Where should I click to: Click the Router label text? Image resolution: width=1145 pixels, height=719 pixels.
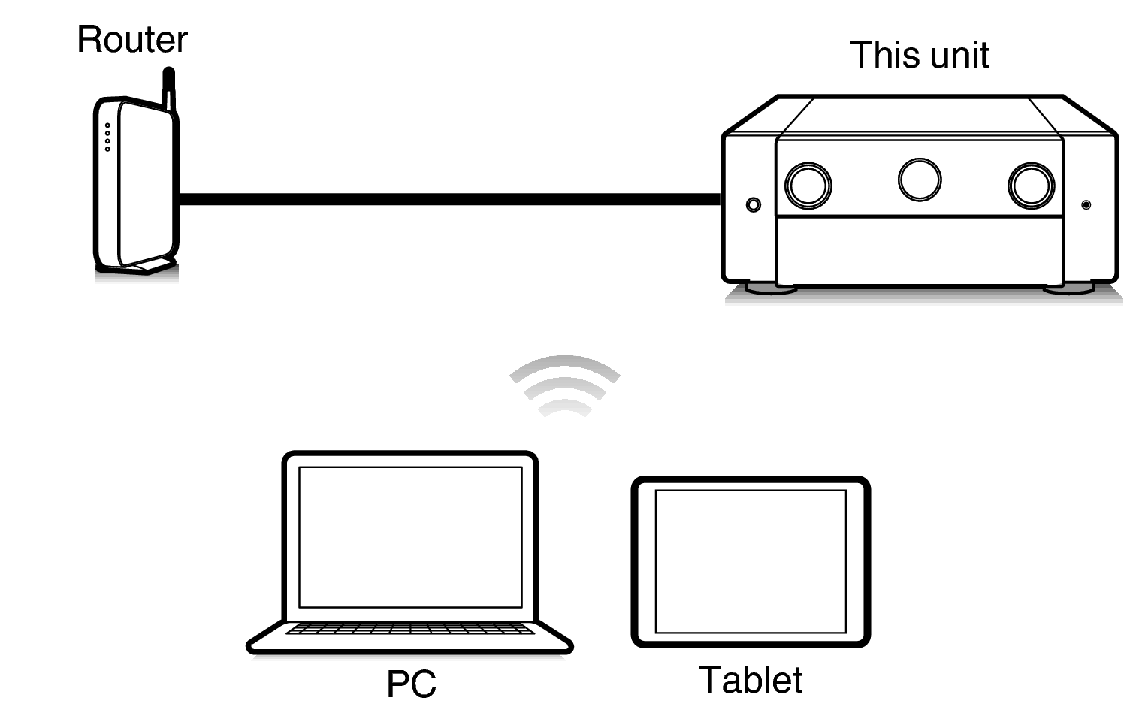click(132, 40)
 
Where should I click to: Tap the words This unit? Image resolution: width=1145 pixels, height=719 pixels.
click(919, 56)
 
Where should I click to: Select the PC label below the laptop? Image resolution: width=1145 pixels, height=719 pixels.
click(411, 684)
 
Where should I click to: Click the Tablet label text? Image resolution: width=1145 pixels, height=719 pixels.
click(750, 680)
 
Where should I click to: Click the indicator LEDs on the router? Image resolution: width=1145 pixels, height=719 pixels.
click(107, 137)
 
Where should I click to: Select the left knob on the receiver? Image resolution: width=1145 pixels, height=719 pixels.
click(808, 186)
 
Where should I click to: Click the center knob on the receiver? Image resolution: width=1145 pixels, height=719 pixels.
click(920, 180)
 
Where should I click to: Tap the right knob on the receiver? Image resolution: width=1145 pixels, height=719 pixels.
click(1031, 186)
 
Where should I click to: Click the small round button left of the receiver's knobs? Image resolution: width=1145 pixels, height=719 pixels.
click(753, 204)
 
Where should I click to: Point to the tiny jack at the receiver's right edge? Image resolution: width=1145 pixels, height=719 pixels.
click(1086, 204)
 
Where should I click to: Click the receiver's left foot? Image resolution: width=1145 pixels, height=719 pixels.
click(771, 288)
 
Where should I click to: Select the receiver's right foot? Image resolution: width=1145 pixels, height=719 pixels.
click(1068, 288)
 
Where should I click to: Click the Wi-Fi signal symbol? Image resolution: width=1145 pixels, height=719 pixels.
click(564, 385)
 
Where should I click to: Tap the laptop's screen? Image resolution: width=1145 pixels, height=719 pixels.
click(410, 536)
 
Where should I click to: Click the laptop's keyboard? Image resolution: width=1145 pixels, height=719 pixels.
click(410, 628)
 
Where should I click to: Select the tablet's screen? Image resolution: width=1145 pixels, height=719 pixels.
click(751, 561)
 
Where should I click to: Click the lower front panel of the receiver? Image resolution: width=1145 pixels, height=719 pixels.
click(920, 249)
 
